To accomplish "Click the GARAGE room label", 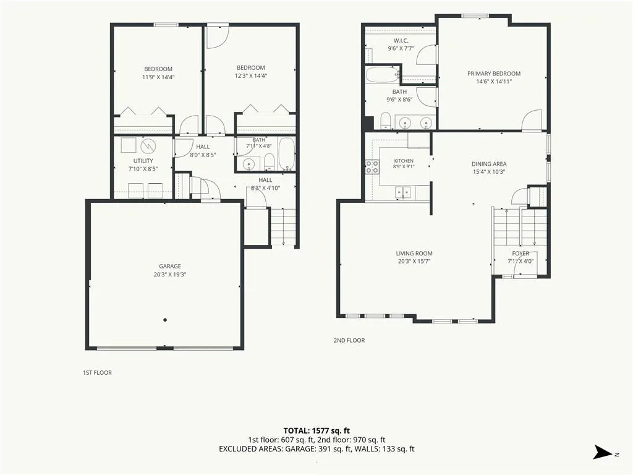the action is pos(170,266).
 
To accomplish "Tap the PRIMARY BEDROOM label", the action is pos(494,74).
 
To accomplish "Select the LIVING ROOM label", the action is pos(414,253).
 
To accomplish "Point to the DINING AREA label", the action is pos(489,163).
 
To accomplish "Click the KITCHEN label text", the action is pos(404,161).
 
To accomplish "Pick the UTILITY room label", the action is pos(143,161).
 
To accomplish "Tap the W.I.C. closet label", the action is pos(401,41).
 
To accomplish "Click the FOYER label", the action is pos(520,253).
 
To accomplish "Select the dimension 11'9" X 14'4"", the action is pos(158,77).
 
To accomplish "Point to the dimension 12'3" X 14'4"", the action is pos(251,75).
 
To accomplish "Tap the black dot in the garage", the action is pos(165,320).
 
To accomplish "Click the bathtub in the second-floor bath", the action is pos(382,74).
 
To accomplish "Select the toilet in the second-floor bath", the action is pos(386,121).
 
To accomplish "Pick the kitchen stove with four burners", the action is pos(372,166).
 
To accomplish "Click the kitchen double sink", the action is pos(403,192).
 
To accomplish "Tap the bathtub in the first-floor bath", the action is pos(287,153).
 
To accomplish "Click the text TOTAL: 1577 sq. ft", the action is pos(316,430).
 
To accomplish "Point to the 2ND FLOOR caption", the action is pos(349,341).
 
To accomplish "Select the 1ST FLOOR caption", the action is pos(97,373).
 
